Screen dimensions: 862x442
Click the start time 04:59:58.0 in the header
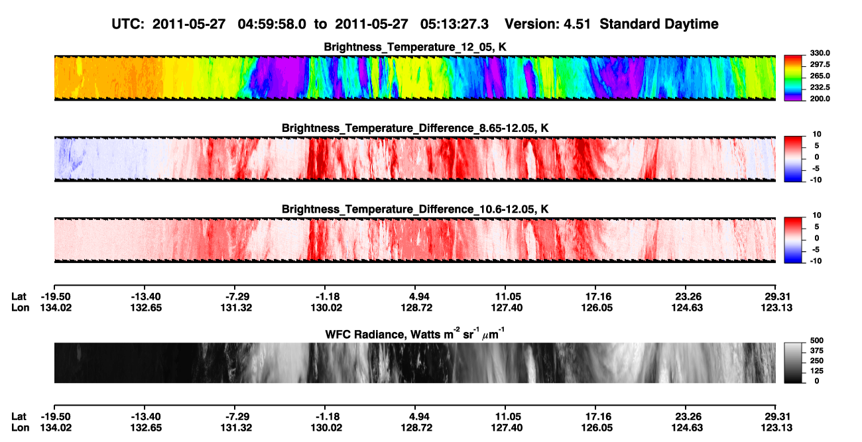[x=272, y=25]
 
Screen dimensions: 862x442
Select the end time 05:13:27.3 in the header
[x=454, y=25]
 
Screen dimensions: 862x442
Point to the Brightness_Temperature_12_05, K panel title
[x=415, y=47]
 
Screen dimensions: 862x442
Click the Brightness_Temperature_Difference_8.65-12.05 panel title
[x=415, y=128]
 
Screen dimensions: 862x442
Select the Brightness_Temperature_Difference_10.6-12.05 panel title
[x=415, y=209]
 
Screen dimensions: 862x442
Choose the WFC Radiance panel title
[x=415, y=334]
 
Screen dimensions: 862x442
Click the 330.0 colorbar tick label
[x=820, y=53]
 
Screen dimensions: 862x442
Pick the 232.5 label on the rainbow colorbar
[x=820, y=87]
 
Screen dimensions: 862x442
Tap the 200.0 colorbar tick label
[x=820, y=99]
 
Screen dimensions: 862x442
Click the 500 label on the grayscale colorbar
[x=817, y=341]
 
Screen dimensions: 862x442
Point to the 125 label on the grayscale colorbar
[x=817, y=371]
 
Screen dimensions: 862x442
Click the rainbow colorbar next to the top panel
[x=793, y=78]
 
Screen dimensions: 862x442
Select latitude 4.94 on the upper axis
[x=415, y=297]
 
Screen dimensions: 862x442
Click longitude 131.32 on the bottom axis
[x=236, y=428]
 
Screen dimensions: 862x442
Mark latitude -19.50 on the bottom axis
[x=56, y=417]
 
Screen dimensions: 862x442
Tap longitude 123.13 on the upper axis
[x=776, y=307]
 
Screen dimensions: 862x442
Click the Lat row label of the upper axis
[x=19, y=297]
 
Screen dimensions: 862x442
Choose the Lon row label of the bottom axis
[x=20, y=428]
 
